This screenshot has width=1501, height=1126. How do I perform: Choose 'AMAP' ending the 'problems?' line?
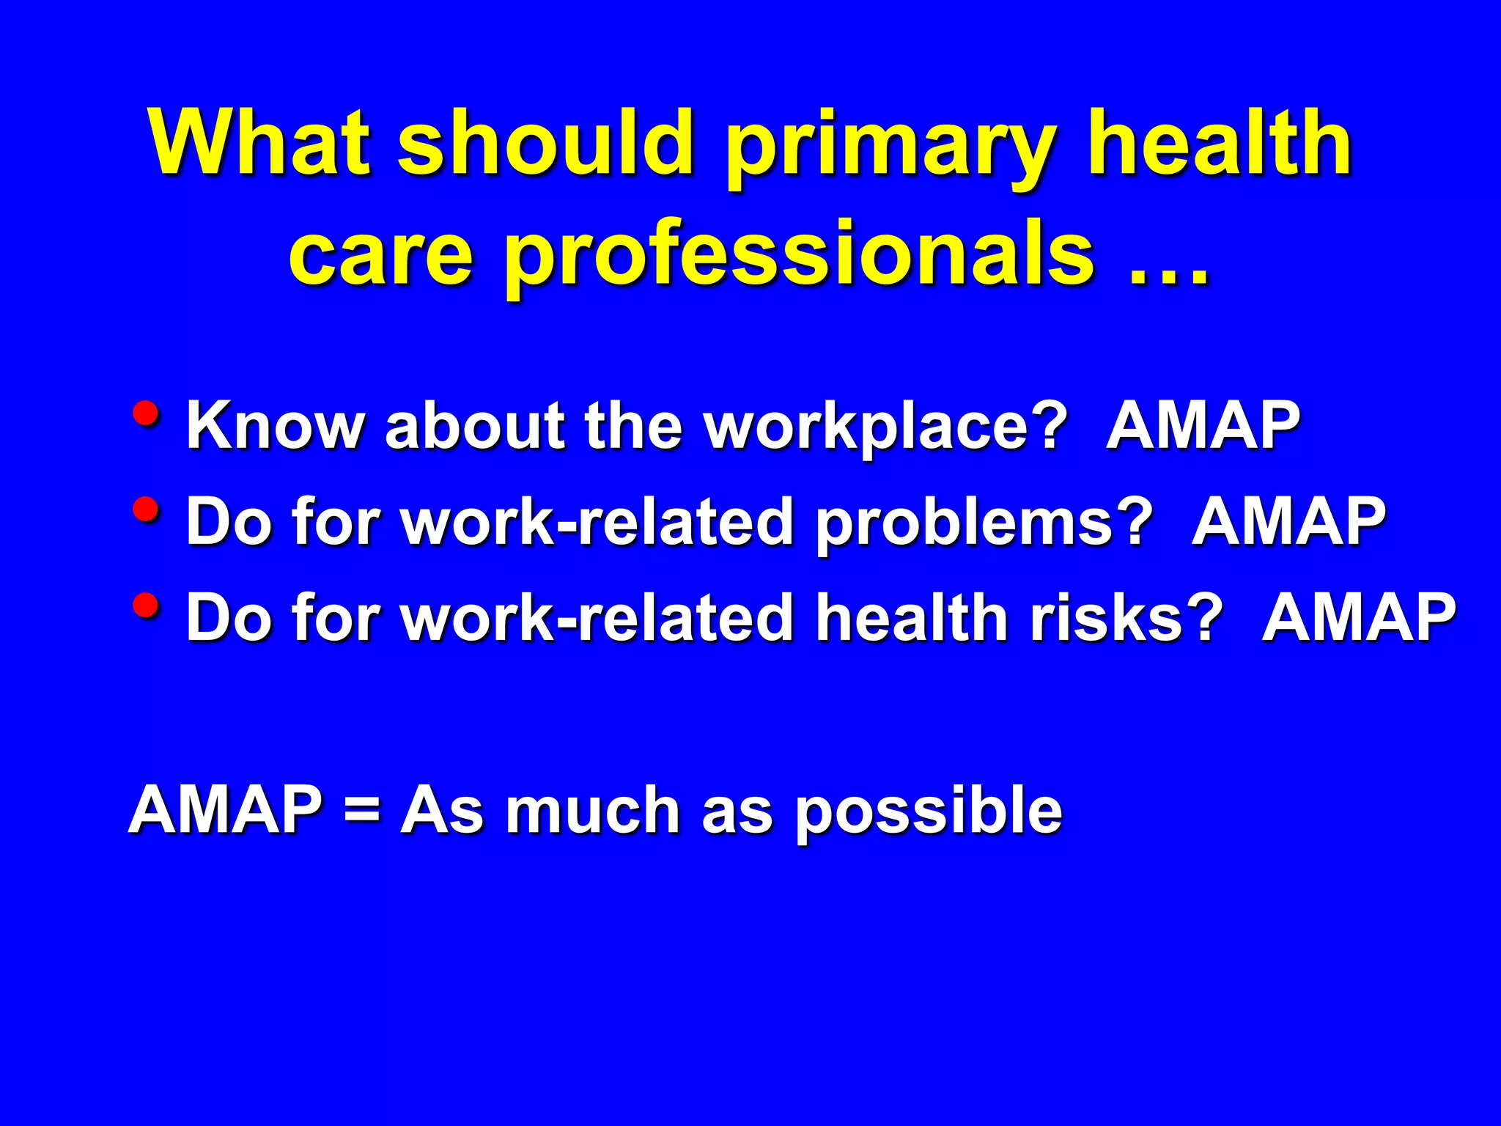1288,521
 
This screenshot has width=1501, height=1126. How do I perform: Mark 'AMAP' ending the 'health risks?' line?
1359,617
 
